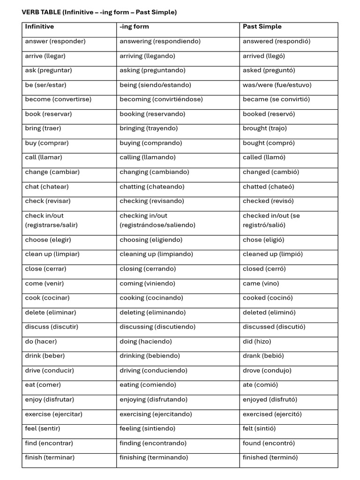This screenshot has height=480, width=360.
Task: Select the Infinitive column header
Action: (x=39, y=27)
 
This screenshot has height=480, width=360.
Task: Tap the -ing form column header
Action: (x=134, y=27)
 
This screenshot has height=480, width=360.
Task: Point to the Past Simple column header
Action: (x=262, y=27)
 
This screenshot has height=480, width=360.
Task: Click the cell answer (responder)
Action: (x=55, y=41)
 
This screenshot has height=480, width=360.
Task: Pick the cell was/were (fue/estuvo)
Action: (x=277, y=85)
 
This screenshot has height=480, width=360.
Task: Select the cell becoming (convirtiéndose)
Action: (x=161, y=99)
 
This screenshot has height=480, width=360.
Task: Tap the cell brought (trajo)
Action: (x=265, y=128)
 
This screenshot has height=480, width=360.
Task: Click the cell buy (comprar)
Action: (x=47, y=143)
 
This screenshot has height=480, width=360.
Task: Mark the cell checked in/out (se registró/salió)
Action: (x=271, y=220)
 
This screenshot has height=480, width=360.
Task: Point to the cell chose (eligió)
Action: (x=263, y=240)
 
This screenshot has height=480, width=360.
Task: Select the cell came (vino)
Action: (x=261, y=284)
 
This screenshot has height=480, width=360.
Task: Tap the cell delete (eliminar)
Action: (x=51, y=313)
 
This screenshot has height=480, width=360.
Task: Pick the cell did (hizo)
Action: (x=257, y=342)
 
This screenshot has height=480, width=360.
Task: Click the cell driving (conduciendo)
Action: (x=153, y=371)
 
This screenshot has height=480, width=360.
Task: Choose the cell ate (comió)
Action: (x=260, y=385)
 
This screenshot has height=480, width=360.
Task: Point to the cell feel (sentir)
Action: (x=43, y=429)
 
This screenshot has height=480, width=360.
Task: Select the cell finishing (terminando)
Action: (x=154, y=458)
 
